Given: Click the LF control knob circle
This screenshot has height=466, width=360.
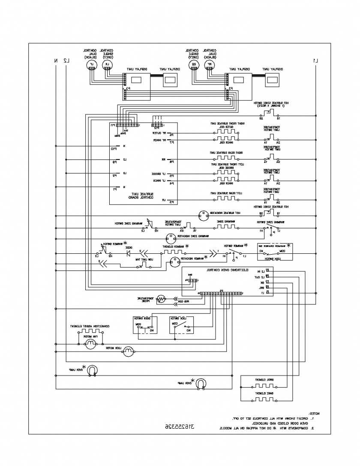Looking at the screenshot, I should pos(90,65).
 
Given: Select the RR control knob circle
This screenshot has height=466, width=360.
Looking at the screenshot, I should pos(194,65).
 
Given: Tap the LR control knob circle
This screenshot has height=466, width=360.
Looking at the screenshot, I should pos(108,65).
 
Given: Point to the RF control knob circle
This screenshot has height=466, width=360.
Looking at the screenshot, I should pos(210,65).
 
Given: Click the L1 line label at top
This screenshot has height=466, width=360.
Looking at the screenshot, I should pos(315,60).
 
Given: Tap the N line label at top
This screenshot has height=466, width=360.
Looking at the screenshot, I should pos(56,60).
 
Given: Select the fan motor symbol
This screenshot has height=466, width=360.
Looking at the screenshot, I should pos(90,346).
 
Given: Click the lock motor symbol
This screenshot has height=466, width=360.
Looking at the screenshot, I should pos(129,352).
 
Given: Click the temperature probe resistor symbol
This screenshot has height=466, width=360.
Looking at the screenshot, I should pos(161,299).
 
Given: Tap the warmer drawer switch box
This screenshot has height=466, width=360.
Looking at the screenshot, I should pos(274,252).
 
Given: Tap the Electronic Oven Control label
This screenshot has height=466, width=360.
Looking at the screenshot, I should pos(221,271).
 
